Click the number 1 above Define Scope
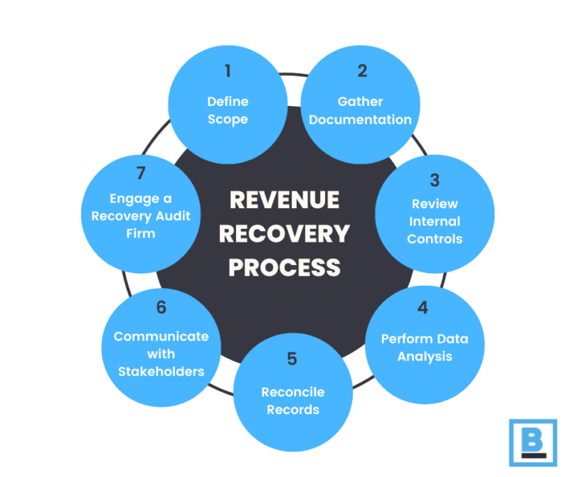coord(228,70)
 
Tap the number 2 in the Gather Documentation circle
coord(362,70)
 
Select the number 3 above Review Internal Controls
coord(435,180)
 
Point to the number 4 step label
coord(423,308)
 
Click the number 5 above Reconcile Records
coord(292,359)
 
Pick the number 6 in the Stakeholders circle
coord(161,307)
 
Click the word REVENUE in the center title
coord(284,200)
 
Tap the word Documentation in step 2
coord(361,119)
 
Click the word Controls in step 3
coord(435,238)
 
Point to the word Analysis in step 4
coord(425,356)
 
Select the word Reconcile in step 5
coord(293,392)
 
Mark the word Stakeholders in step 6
coord(161,370)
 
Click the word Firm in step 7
coord(140,232)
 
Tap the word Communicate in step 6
coord(161,336)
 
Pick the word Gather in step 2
coord(361,102)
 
